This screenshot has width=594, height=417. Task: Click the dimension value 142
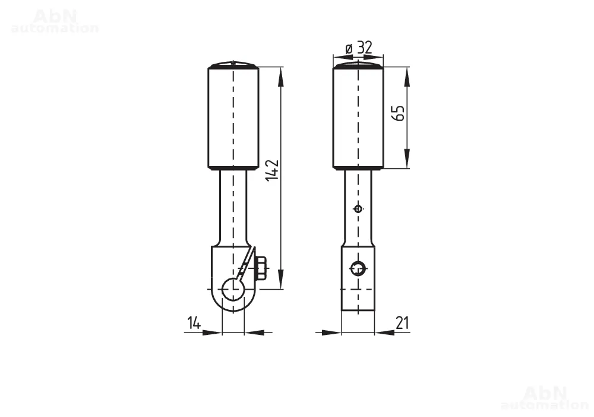273,170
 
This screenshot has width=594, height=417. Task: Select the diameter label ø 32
359,48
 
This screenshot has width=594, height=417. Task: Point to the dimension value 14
194,323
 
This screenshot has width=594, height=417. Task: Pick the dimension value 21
402,323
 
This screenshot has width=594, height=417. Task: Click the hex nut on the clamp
261,268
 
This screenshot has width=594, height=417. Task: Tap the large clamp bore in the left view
233,290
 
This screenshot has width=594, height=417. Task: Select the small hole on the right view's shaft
358,208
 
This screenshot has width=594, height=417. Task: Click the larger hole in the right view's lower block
358,269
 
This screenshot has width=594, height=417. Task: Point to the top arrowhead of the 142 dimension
280,76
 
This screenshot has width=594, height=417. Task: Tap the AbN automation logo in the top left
55,21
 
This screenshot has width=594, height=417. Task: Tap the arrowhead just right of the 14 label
212,333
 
